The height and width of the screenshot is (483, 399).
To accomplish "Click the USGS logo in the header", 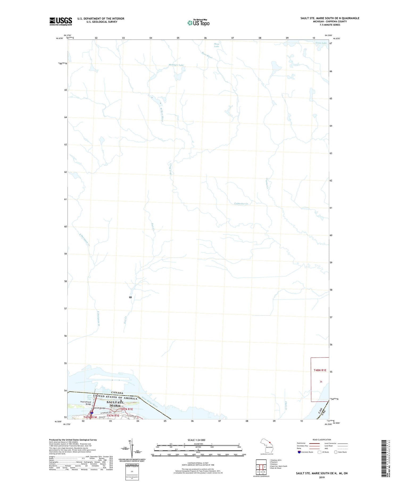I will point(61,21).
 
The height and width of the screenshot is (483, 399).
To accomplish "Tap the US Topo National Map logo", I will point(198,23).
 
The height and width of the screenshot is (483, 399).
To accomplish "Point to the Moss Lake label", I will point(217,45).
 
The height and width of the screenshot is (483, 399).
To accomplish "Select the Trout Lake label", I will point(321,43).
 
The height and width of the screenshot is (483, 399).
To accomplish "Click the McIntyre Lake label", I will point(176,65).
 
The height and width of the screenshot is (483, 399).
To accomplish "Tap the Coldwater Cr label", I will point(241,204).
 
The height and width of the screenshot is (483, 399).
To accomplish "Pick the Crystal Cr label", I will point(267,184).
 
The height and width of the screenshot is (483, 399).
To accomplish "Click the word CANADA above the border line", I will point(117,393).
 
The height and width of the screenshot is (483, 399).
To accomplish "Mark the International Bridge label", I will point(86,403).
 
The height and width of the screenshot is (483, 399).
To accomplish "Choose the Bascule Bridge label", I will point(99,408).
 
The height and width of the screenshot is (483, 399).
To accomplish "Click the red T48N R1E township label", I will point(320,370).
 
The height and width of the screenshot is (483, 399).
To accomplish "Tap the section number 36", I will point(321,382).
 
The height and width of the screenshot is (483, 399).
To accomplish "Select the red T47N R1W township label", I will point(90,417).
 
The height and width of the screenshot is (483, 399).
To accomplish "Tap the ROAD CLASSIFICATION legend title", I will point(322,440).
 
